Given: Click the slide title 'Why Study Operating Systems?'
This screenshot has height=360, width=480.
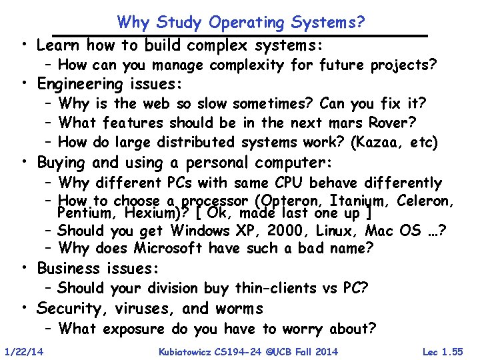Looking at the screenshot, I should click(241, 22).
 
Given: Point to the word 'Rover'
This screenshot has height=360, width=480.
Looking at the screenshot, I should click(393, 123).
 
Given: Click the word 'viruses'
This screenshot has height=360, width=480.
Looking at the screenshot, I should click(141, 309).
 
